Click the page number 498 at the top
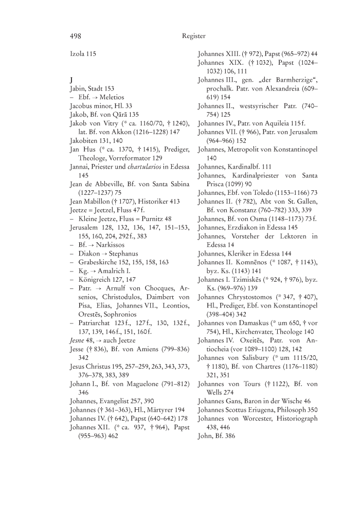coord(76,36)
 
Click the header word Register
coord(193,36)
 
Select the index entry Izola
coord(78,53)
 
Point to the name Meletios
coord(119,97)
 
